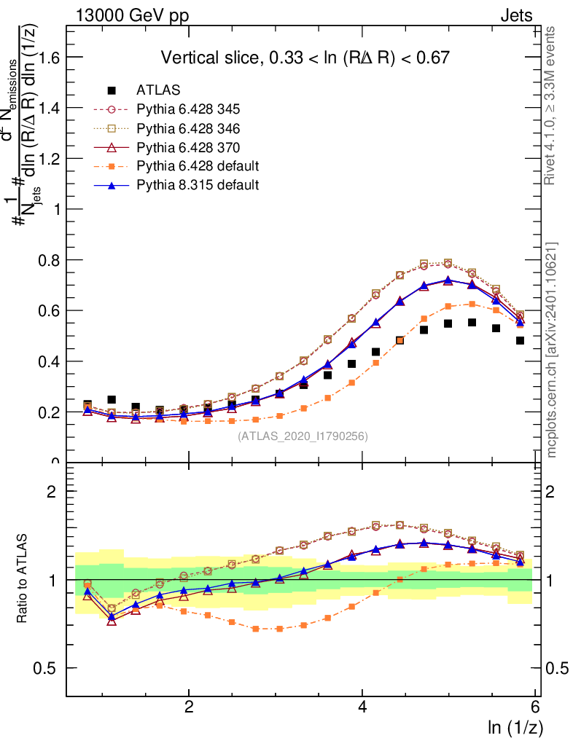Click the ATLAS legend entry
pyautogui.click(x=157, y=90)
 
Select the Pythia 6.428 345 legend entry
pyautogui.click(x=188, y=109)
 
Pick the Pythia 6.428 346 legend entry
pyautogui.click(x=188, y=128)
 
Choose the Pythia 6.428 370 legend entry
pyautogui.click(x=188, y=147)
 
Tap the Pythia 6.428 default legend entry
pyautogui.click(x=197, y=166)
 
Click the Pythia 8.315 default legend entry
pyautogui.click(x=197, y=185)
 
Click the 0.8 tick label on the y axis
pyautogui.click(x=49, y=260)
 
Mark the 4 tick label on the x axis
pyautogui.click(x=362, y=707)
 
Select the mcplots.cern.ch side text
pyautogui.click(x=552, y=350)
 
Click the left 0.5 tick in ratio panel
pyautogui.click(x=49, y=668)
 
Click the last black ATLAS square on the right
pyautogui.click(x=521, y=340)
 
